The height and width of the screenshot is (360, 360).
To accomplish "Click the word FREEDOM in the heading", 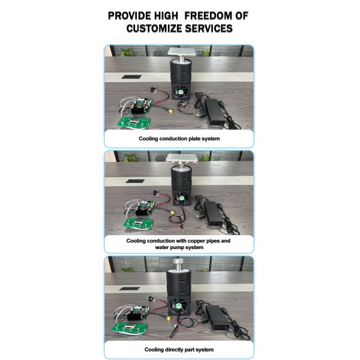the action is [208, 16].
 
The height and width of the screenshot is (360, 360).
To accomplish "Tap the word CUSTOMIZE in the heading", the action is [154, 28].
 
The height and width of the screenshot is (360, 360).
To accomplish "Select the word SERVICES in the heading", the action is [209, 28].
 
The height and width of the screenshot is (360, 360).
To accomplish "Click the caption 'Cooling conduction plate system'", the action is [179, 139].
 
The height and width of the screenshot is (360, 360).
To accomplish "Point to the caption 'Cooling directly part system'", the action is [179, 350].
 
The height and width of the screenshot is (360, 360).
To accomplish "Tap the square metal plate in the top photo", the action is [182, 52].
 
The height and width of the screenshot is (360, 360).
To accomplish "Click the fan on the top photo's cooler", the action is [181, 92].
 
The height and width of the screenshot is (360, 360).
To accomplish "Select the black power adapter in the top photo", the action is [215, 112].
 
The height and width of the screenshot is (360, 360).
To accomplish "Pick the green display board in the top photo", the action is [134, 122].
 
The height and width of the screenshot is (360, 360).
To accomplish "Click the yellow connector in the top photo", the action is [170, 112].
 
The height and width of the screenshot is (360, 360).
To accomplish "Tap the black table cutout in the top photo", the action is [131, 77].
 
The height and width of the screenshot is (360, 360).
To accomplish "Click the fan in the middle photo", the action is [182, 198].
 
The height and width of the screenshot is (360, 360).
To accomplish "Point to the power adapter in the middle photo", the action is [213, 213].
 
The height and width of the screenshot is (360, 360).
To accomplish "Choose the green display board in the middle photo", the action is [138, 223].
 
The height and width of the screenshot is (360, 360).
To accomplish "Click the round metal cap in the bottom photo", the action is [179, 261].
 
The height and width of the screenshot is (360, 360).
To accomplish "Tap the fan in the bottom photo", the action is [179, 305].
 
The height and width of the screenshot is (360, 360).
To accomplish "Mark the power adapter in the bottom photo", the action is [217, 317].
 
